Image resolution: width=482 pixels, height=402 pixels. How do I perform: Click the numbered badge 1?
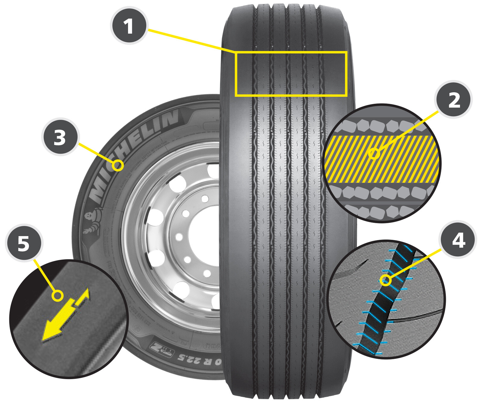point(129,26)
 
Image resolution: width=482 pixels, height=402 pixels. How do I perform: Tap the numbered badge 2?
point(454,100)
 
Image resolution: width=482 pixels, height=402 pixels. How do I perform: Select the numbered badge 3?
point(60,137)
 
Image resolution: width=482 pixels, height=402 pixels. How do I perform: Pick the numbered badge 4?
point(458,240)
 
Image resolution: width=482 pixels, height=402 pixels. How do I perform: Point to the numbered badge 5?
point(24,243)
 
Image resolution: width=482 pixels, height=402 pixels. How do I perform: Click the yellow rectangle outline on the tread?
point(291,53)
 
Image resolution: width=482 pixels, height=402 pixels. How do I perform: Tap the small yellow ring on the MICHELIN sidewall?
point(118,165)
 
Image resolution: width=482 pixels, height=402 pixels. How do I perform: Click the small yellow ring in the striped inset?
point(374,154)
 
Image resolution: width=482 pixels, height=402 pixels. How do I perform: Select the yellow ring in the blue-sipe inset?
point(386,280)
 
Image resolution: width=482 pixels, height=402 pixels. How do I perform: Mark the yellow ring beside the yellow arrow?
point(58,296)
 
